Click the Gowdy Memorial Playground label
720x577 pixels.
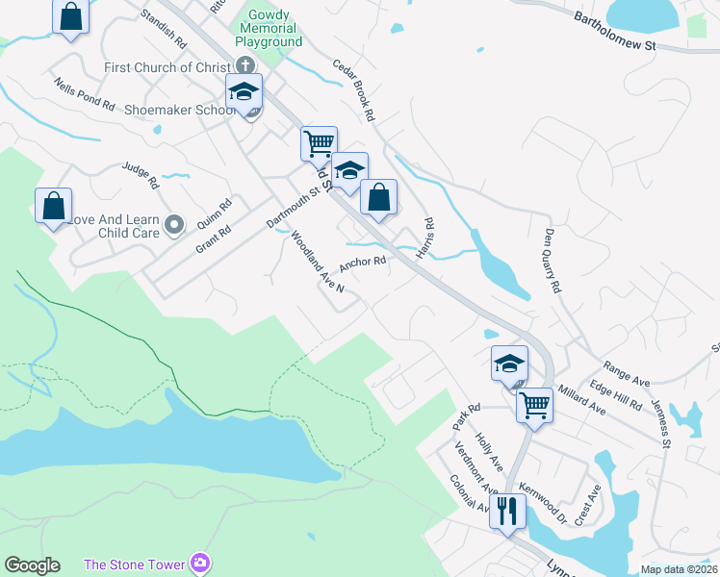(269, 28)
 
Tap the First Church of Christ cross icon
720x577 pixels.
(245, 66)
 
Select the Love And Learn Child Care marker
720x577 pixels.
(173, 225)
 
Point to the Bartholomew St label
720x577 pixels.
(614, 32)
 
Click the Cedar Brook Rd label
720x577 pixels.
(353, 91)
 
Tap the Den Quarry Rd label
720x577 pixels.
(552, 260)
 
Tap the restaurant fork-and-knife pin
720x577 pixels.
(508, 510)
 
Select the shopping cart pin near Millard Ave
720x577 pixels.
(534, 404)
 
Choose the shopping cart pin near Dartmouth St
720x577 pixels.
(319, 143)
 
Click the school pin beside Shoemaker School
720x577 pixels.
(244, 92)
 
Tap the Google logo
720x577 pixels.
(32, 565)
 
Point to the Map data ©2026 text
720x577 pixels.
(678, 569)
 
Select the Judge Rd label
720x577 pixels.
(140, 175)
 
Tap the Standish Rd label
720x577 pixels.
(163, 29)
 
